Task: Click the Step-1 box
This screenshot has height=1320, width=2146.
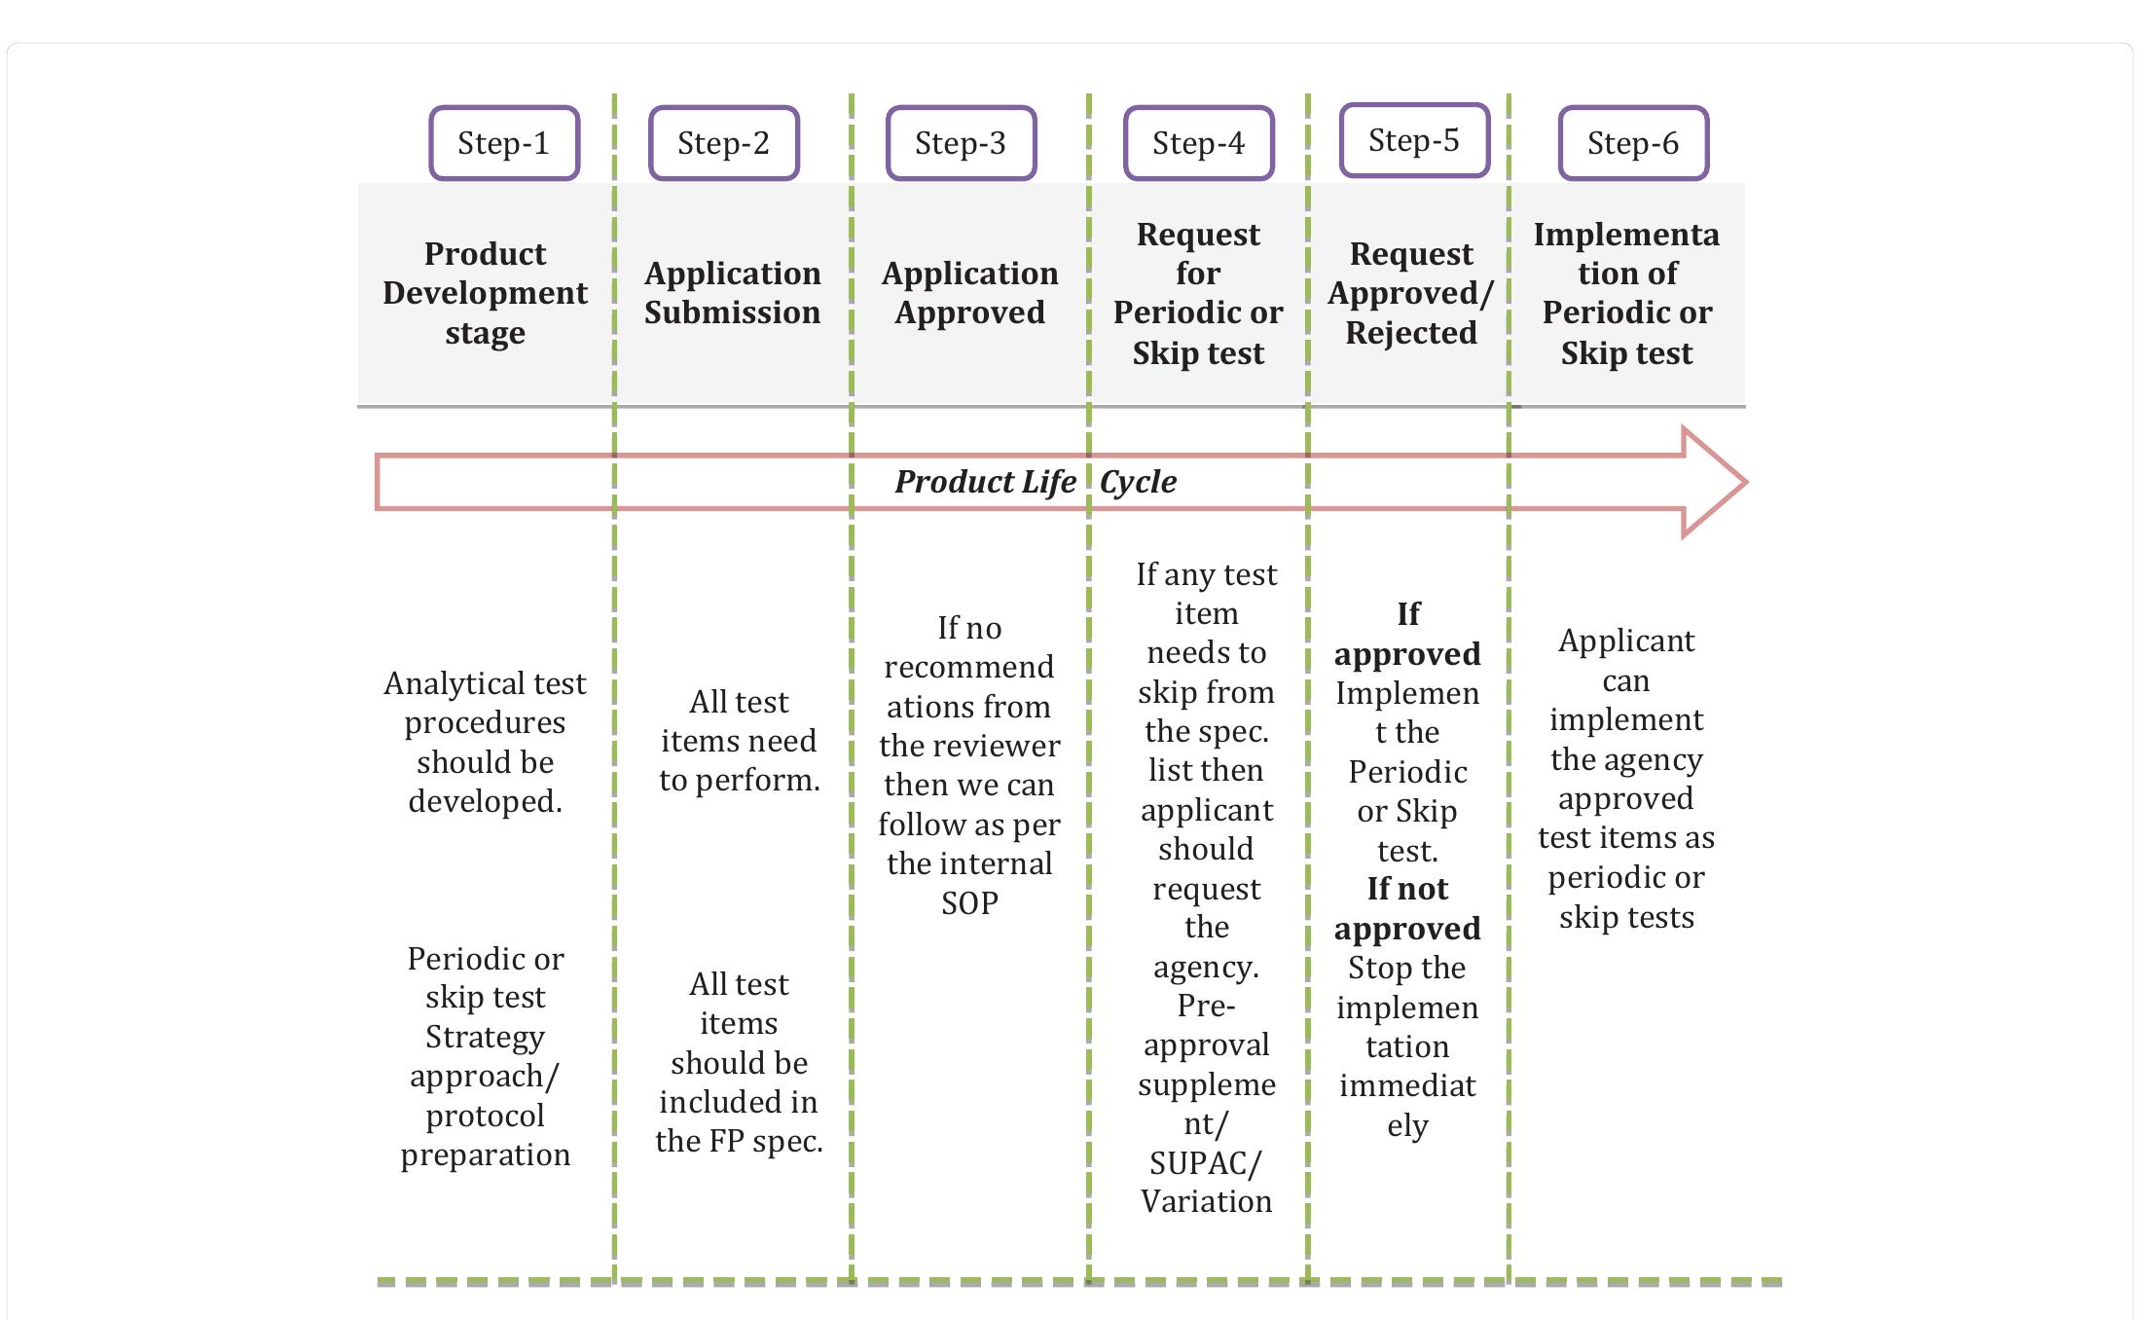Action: [x=504, y=143]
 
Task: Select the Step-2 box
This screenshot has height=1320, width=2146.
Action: [x=723, y=143]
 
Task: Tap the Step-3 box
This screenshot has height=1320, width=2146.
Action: [x=961, y=143]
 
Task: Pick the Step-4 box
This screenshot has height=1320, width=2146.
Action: [x=1198, y=143]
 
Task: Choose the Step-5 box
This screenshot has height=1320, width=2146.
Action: [x=1414, y=140]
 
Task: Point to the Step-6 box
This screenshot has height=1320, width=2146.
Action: [x=1632, y=143]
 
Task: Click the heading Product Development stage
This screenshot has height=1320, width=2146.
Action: [x=485, y=293]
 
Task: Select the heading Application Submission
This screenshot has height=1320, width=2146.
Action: [x=732, y=293]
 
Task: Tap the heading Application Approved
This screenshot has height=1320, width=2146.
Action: [x=969, y=293]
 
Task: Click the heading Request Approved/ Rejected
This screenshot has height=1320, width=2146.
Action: [x=1410, y=293]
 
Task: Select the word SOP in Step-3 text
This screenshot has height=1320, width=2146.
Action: [x=969, y=903]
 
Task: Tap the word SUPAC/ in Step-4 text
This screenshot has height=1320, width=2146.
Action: [x=1205, y=1163]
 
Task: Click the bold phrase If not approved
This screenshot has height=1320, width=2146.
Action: [x=1407, y=909]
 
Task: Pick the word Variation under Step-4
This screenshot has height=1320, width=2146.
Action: [x=1206, y=1202]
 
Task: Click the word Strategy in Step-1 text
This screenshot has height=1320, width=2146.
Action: [x=485, y=1037]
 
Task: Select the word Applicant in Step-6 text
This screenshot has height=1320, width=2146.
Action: [x=1626, y=641]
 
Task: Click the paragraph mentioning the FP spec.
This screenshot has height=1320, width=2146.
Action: [x=739, y=1063]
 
